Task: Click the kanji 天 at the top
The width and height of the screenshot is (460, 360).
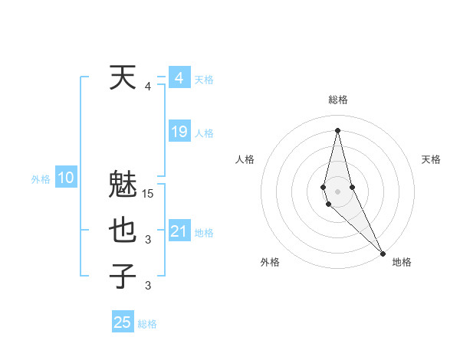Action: pyautogui.click(x=123, y=77)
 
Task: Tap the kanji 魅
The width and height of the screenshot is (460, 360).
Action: pyautogui.click(x=123, y=186)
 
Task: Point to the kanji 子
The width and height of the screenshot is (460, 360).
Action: pyautogui.click(x=123, y=276)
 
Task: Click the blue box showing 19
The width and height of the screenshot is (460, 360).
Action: pyautogui.click(x=179, y=132)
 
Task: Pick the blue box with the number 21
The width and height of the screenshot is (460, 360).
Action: pyautogui.click(x=179, y=231)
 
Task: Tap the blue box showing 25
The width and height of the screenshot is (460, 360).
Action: pyautogui.click(x=123, y=322)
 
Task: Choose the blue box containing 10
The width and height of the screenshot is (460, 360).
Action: pyautogui.click(x=66, y=178)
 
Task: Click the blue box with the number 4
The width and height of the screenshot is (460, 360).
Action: pyautogui.click(x=179, y=78)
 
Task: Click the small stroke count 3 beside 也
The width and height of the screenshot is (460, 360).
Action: pyautogui.click(x=148, y=241)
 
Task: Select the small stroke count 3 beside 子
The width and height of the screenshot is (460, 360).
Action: pyautogui.click(x=148, y=286)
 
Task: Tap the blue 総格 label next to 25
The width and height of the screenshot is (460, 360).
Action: pyautogui.click(x=147, y=324)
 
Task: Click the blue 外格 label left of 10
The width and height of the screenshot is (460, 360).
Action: pyautogui.click(x=41, y=179)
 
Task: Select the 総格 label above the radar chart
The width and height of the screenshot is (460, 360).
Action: pyautogui.click(x=337, y=100)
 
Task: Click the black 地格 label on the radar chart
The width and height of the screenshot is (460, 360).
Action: pyautogui.click(x=402, y=262)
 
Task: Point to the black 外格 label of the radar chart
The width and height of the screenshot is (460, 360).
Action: pyautogui.click(x=270, y=262)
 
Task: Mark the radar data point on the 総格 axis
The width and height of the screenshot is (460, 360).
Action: pyautogui.click(x=337, y=129)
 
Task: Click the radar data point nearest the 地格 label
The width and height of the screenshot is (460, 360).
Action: pyautogui.click(x=383, y=252)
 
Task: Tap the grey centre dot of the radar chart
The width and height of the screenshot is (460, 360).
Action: pyautogui.click(x=337, y=188)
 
